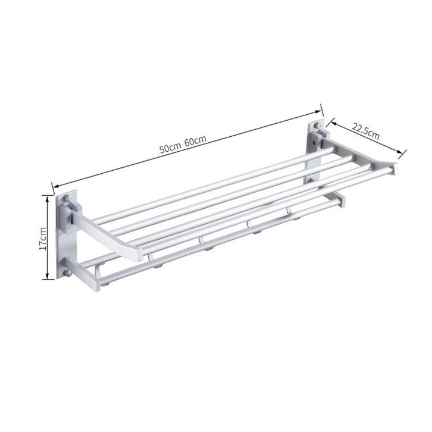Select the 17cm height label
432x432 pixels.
pyautogui.click(x=43, y=239)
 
